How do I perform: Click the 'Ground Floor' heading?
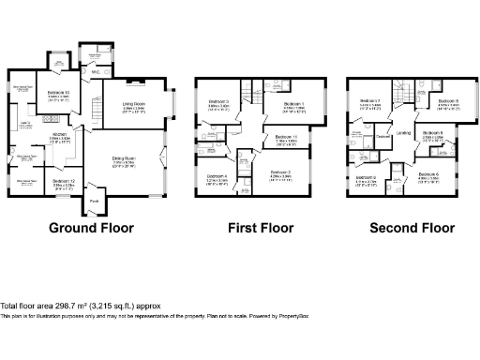91,228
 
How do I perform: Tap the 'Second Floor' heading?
412,228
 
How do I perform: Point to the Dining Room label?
125,159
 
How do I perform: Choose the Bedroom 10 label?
58,94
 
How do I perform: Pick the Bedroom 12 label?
64,180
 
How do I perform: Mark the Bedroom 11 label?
288,138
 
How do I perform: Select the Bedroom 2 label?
281,172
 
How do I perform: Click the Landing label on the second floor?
403,133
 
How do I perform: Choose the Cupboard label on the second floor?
383,139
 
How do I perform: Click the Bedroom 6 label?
428,174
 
